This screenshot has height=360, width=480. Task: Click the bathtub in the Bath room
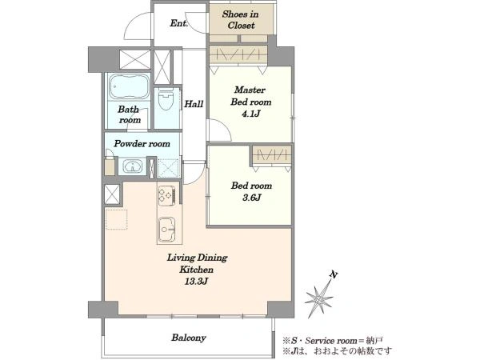tap(129, 87)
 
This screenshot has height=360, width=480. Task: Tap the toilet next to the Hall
tap(166, 99)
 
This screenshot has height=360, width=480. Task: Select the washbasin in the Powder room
tap(133, 166)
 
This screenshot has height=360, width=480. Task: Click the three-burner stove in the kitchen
tap(167, 195)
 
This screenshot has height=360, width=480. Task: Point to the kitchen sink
tap(167, 230)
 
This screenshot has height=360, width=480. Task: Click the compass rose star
tap(319, 298)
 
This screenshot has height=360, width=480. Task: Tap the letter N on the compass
tap(334, 275)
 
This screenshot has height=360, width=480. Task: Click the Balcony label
tap(189, 338)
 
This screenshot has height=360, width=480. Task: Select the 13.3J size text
tap(196, 282)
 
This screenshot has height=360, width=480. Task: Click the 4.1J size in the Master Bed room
tap(251, 114)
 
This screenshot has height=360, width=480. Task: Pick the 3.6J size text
tap(252, 198)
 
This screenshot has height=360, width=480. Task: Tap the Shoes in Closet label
tap(241, 19)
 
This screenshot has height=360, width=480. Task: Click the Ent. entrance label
tap(179, 23)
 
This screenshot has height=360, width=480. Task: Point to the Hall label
tap(194, 104)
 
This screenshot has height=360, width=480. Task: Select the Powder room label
tap(142, 143)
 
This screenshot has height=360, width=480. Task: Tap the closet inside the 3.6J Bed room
tap(272, 156)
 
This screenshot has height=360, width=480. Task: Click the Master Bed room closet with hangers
tap(238, 55)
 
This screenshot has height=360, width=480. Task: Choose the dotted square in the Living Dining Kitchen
tap(116, 219)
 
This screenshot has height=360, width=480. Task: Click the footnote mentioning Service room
tap(333, 341)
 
